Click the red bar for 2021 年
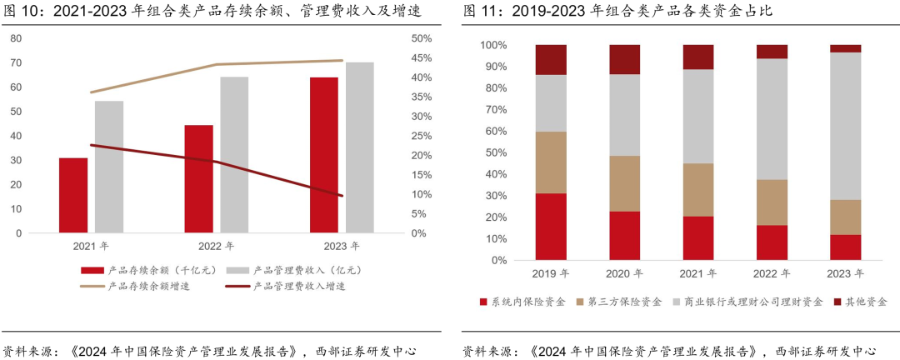[73, 195]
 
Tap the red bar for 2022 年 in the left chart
[198, 178]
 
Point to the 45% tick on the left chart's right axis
[421, 57]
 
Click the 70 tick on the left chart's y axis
[17, 62]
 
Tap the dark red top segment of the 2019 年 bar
[551, 60]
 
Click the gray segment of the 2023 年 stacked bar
[845, 126]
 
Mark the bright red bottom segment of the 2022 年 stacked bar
[772, 242]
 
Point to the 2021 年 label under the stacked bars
[698, 272]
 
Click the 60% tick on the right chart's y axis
[494, 131]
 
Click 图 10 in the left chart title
[20, 11]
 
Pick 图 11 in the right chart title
[480, 11]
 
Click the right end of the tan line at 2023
[342, 60]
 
